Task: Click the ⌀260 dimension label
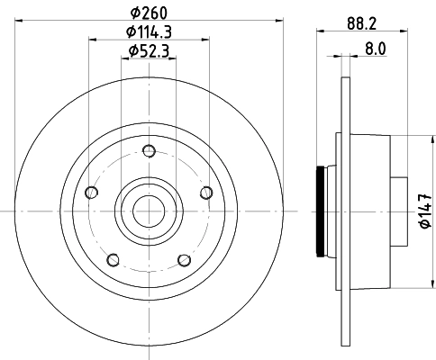(149, 11)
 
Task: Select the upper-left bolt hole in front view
(90, 192)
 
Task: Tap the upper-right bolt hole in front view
(206, 191)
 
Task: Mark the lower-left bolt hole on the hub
(113, 260)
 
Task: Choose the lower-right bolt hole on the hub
(184, 260)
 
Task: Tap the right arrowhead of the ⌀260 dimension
(280, 19)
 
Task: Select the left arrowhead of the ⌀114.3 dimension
(93, 39)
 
